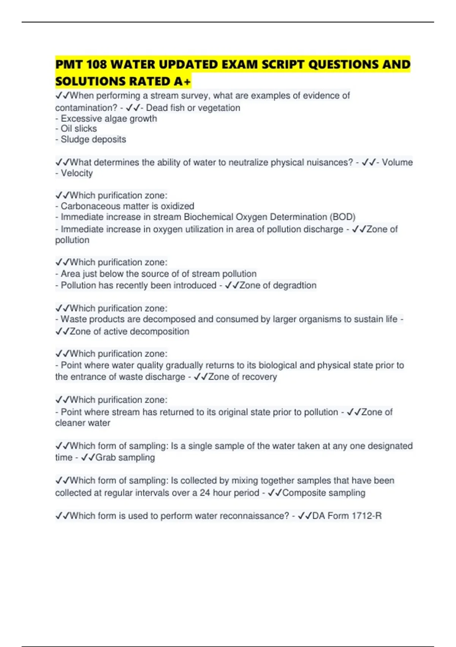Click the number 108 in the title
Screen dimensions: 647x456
[97, 65]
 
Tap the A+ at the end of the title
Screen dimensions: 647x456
[182, 81]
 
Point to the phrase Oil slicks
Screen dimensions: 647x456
[79, 129]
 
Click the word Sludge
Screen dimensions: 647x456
[72, 139]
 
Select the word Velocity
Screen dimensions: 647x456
[77, 173]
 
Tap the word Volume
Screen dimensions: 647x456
[397, 163]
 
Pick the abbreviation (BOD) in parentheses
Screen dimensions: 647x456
[343, 217]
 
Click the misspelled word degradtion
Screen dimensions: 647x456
[294, 285]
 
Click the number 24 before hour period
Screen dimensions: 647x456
[205, 493]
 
